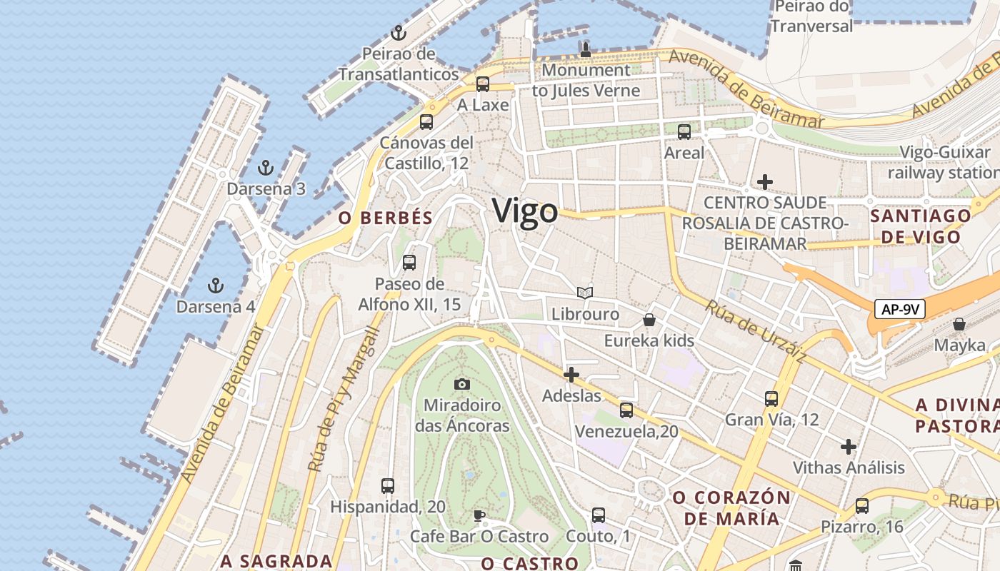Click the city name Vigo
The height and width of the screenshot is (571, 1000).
pyautogui.click(x=525, y=212)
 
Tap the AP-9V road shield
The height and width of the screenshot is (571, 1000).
pyautogui.click(x=899, y=309)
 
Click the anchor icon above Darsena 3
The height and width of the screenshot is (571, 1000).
pyautogui.click(x=266, y=168)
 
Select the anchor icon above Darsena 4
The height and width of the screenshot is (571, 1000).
pyautogui.click(x=215, y=286)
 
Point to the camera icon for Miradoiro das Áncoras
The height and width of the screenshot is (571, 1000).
pyautogui.click(x=462, y=385)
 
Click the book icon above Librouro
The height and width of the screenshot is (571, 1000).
pyautogui.click(x=585, y=293)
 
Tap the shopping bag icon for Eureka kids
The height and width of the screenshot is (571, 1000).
pyautogui.click(x=649, y=320)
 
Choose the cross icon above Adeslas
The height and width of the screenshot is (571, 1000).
pyautogui.click(x=571, y=375)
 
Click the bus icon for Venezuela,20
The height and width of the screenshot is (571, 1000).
pyautogui.click(x=626, y=410)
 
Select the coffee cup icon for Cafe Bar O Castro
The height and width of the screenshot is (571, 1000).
pyautogui.click(x=479, y=515)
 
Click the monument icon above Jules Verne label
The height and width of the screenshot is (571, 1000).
pyautogui.click(x=586, y=49)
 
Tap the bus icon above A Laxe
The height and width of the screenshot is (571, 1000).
pyautogui.click(x=483, y=84)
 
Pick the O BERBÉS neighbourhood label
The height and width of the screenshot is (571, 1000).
pyautogui.click(x=386, y=218)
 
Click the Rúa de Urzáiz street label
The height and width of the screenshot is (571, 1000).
pyautogui.click(x=756, y=331)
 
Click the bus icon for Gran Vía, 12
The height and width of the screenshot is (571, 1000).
pyautogui.click(x=771, y=398)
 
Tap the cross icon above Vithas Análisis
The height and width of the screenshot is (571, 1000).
pyautogui.click(x=849, y=448)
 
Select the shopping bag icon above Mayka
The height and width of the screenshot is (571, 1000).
pyautogui.click(x=959, y=325)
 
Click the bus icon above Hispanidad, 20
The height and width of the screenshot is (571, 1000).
pyautogui.click(x=388, y=486)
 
